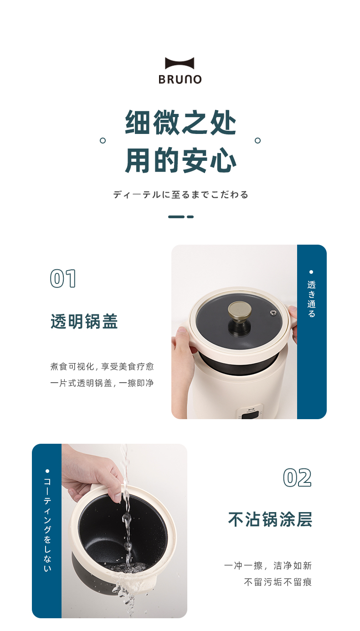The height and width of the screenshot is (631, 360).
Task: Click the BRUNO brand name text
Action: (x=180, y=79)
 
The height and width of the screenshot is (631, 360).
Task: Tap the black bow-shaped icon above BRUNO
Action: (x=180, y=63)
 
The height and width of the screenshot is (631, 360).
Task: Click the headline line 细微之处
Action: (x=180, y=123)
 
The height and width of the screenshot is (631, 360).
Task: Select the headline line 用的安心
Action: (x=180, y=160)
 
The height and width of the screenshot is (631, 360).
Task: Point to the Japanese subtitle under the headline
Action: (x=180, y=195)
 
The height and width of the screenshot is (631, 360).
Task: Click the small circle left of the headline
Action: (x=103, y=140)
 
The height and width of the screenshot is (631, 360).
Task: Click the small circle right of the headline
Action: (x=257, y=140)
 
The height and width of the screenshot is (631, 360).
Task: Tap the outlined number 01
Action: (x=63, y=279)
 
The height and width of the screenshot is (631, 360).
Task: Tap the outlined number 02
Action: (x=298, y=477)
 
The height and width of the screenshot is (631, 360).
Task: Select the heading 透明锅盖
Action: (x=84, y=321)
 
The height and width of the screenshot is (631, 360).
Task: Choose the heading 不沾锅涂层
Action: (x=270, y=519)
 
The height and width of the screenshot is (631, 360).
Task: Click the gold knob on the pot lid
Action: (x=240, y=310)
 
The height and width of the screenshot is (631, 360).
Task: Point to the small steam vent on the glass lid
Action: (x=273, y=313)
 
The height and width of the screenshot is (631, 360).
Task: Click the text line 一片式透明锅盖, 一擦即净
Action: (x=102, y=383)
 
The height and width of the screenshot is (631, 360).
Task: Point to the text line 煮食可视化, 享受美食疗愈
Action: (x=102, y=366)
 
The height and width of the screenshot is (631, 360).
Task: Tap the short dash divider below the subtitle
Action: (x=181, y=216)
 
